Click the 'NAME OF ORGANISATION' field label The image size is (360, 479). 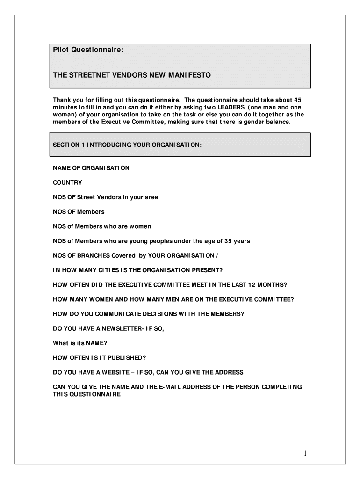click(91, 168)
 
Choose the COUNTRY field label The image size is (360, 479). click(67, 182)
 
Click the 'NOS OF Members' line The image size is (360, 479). click(79, 212)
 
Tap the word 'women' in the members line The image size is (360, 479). click(139, 226)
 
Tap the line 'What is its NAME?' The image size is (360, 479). click(76, 343)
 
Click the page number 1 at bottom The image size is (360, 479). click(304, 453)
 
